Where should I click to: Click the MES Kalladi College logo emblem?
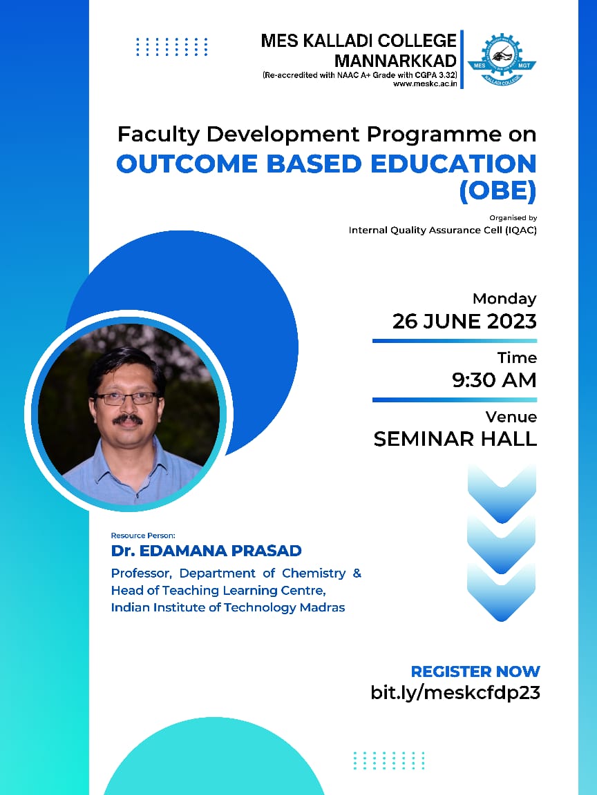click(x=502, y=59)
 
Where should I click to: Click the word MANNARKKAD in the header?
click(x=395, y=61)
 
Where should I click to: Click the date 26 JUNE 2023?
click(x=464, y=321)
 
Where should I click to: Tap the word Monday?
click(x=504, y=299)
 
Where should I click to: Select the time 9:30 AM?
click(x=494, y=380)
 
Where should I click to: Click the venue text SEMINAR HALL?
click(x=455, y=439)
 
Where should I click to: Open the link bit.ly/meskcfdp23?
click(x=455, y=693)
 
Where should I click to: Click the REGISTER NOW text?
click(x=475, y=671)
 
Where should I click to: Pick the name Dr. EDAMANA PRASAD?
click(x=207, y=551)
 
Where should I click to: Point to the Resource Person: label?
click(x=143, y=535)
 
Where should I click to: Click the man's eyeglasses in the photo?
click(x=126, y=398)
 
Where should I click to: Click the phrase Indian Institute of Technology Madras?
click(x=228, y=607)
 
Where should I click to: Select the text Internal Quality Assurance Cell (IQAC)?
click(x=442, y=230)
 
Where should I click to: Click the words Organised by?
click(x=513, y=217)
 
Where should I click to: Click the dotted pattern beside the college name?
click(x=171, y=47)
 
